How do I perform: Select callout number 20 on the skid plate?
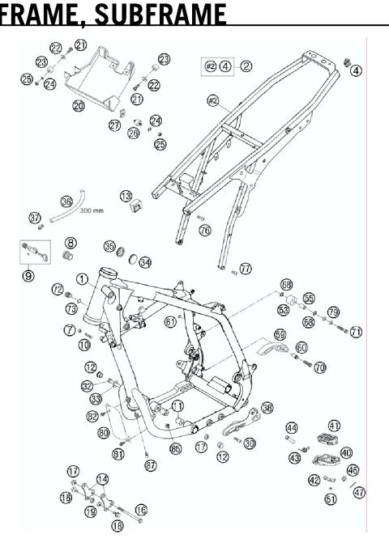pyautogui.click(x=79, y=105)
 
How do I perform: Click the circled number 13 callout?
pyautogui.click(x=126, y=197)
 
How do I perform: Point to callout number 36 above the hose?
pyautogui.click(x=66, y=202)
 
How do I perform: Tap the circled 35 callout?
pyautogui.click(x=109, y=245)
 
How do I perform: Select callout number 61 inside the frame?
pyautogui.click(x=170, y=321)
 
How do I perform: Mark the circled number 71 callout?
pyautogui.click(x=356, y=332)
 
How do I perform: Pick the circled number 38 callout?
pyautogui.click(x=267, y=409)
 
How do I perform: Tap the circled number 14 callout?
pyautogui.click(x=103, y=479)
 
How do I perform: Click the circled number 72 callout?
pyautogui.click(x=58, y=288)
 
